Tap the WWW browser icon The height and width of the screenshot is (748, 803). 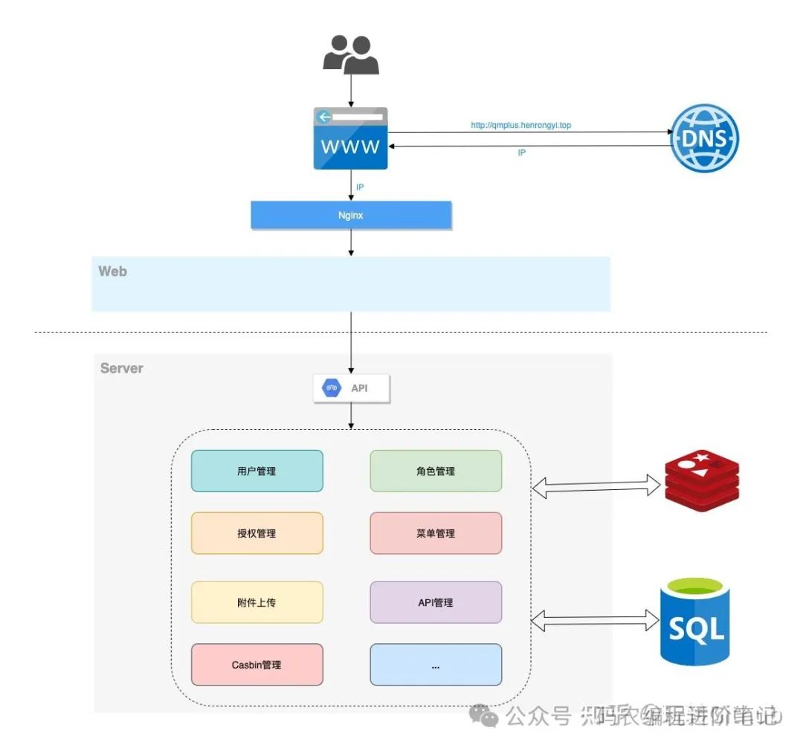point(351,138)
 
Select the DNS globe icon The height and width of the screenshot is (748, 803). point(705,138)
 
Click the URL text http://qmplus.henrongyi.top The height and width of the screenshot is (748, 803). point(521,126)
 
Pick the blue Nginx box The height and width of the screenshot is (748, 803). point(351,215)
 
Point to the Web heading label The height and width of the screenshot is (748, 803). point(113,271)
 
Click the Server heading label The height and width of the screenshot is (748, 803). point(122,368)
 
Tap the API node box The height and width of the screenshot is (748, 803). point(352,388)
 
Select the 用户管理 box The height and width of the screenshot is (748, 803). point(257,471)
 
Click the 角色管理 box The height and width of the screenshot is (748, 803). point(436,471)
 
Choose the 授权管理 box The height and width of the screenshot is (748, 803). point(257,533)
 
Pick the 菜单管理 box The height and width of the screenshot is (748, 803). point(436,533)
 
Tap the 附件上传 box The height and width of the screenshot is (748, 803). point(257,602)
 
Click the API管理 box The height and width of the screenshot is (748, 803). point(436,602)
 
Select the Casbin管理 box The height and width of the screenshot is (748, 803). point(257,665)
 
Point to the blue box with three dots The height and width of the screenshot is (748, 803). point(436,665)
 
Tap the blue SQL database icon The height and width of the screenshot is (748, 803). point(696,621)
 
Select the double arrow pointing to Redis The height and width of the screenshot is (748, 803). point(597,488)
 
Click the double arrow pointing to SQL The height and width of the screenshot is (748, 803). point(597,617)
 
